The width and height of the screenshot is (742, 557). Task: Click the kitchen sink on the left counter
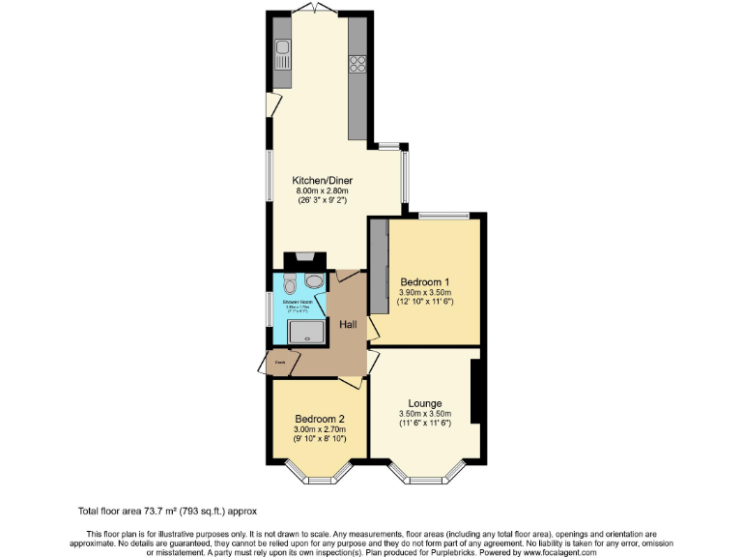[x=282, y=49]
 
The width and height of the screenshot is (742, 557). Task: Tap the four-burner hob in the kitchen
[x=357, y=65]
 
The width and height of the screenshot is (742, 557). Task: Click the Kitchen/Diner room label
[x=323, y=180]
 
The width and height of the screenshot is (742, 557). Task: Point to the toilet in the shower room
[x=291, y=284]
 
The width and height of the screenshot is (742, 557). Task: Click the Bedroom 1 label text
[x=425, y=282]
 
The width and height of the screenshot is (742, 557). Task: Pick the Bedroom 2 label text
[x=320, y=419]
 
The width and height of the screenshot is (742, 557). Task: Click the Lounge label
[x=425, y=403]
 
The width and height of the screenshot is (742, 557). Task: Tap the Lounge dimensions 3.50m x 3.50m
[x=425, y=415]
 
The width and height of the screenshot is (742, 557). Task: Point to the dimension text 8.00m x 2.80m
[x=323, y=191]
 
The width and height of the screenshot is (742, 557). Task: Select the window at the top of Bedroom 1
[x=444, y=214]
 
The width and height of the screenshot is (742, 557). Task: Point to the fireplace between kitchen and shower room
[x=301, y=259]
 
